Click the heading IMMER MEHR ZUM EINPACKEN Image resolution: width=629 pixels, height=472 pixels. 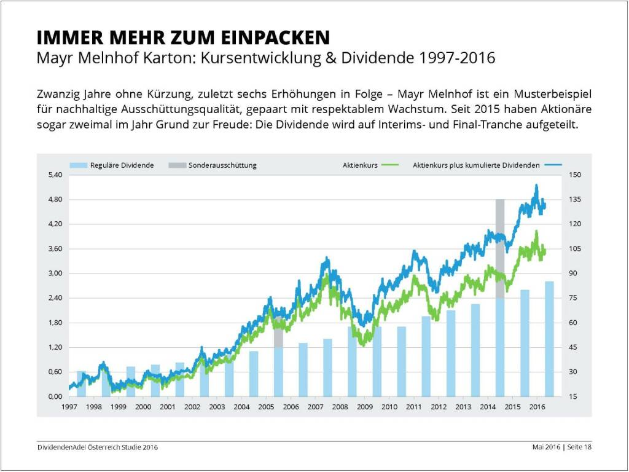click(x=183, y=37)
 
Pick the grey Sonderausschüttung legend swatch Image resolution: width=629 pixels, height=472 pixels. click(x=176, y=165)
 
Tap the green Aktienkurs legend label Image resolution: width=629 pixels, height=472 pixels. click(x=361, y=165)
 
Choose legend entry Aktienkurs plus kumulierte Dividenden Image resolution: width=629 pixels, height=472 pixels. click(x=476, y=165)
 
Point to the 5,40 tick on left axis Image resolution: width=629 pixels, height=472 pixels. click(x=55, y=175)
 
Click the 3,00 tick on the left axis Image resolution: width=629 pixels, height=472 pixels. click(x=55, y=273)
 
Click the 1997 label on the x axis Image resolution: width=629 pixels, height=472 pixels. click(x=69, y=407)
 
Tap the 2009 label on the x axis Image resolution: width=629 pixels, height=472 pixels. click(x=365, y=407)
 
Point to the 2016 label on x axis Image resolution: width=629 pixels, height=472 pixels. click(x=537, y=407)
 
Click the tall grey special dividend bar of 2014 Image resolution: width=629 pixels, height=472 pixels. click(x=500, y=246)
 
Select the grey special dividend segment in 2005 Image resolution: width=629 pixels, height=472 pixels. click(x=278, y=338)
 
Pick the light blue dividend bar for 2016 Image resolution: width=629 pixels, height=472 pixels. click(x=549, y=344)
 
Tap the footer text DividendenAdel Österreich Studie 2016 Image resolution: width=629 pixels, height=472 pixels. click(x=97, y=447)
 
